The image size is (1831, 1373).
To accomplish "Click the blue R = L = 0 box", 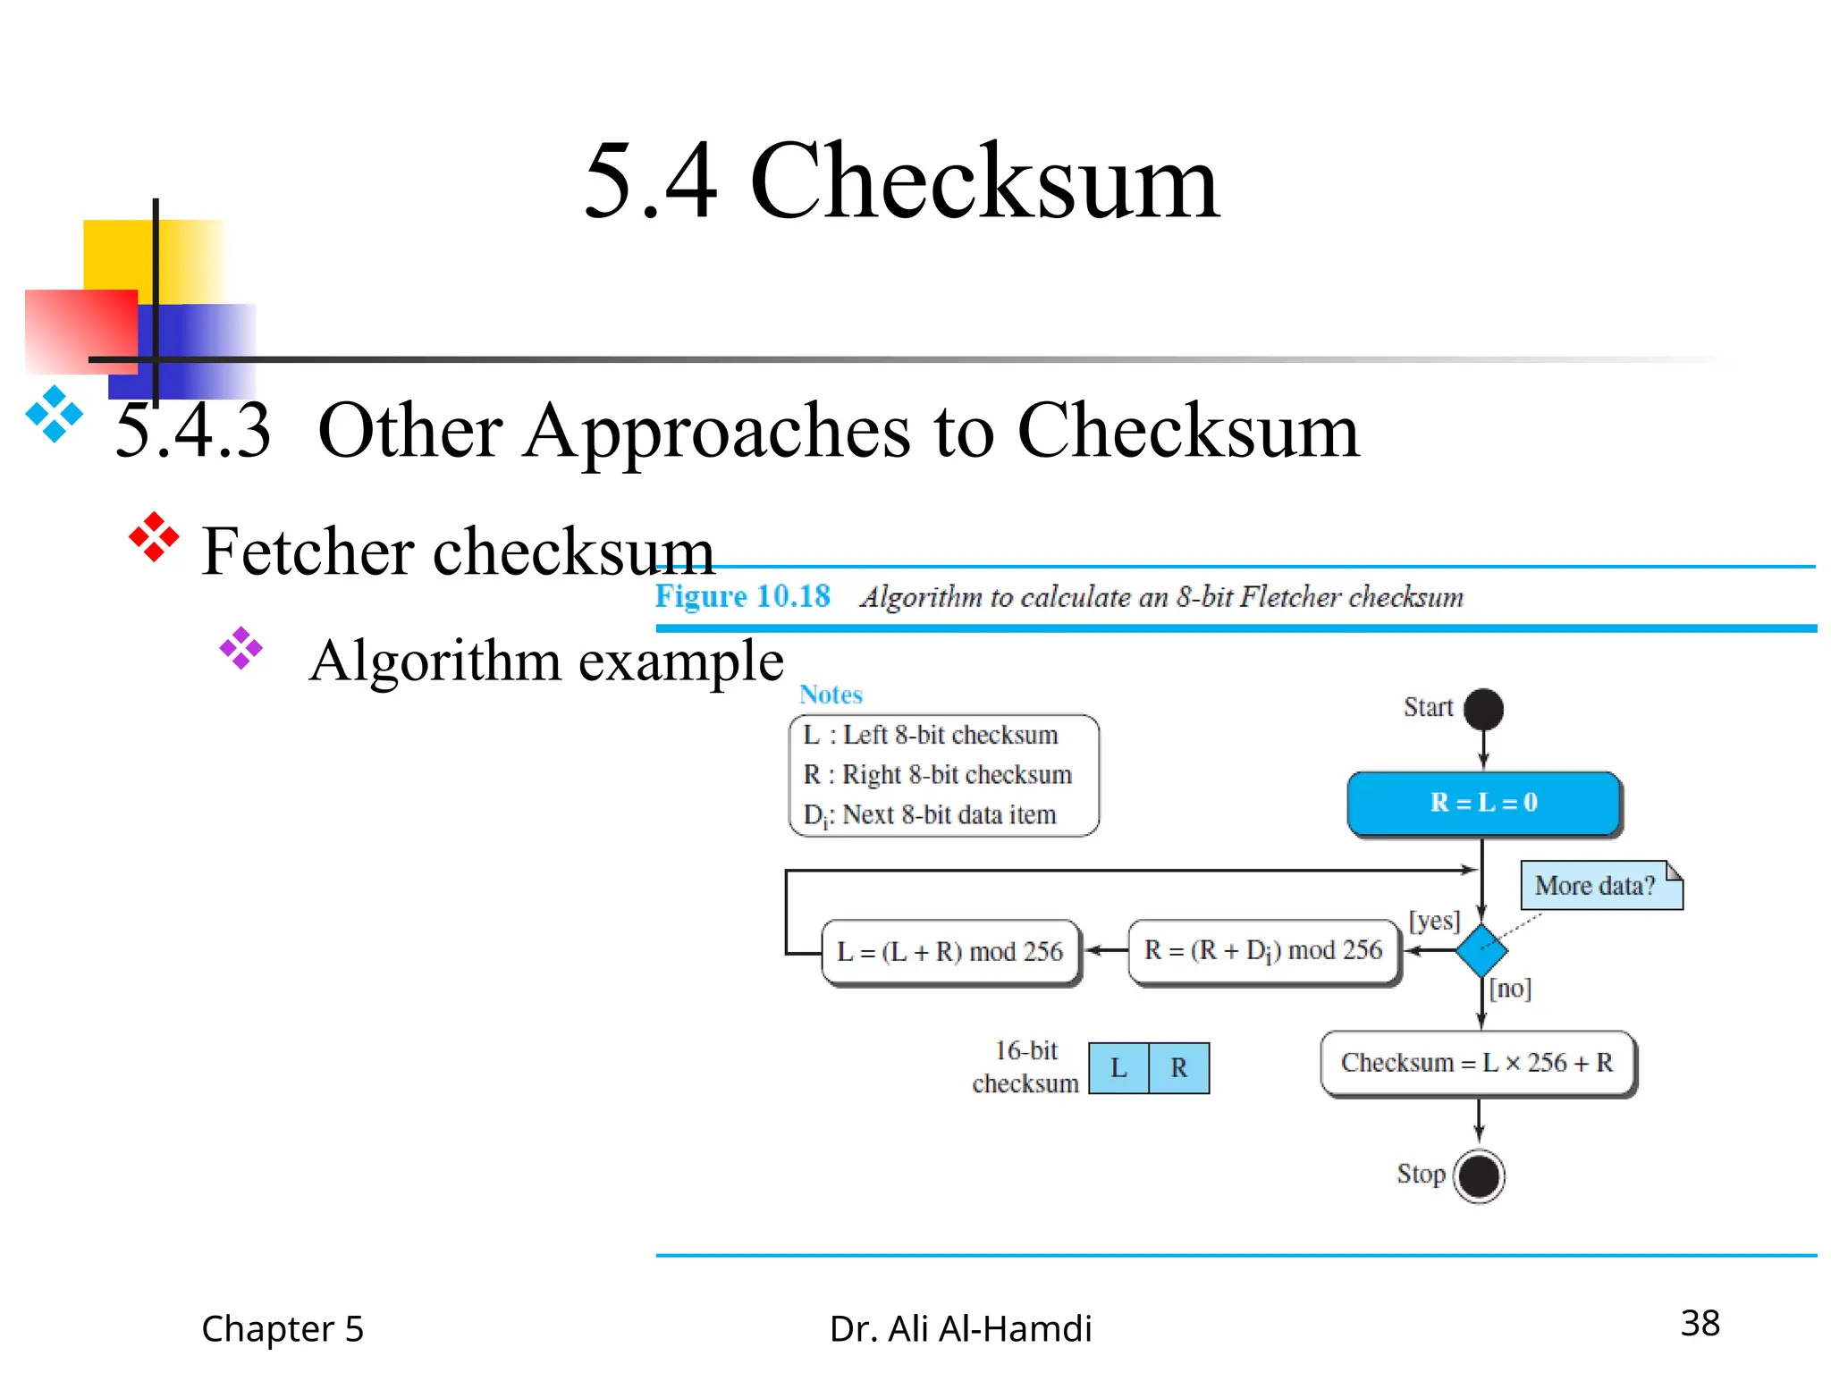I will pos(1483,803).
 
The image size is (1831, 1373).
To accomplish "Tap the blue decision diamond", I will pos(1481,950).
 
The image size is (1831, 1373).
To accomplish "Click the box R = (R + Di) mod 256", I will pos(1263,951).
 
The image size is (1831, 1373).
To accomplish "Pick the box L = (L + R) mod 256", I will pos(949,952).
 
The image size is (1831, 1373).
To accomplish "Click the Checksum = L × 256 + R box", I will pos(1477,1063).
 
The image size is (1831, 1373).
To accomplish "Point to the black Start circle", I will pos(1484,709).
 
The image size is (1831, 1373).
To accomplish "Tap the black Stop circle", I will pos(1479,1175).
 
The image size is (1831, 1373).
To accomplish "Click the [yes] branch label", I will pos(1434,921).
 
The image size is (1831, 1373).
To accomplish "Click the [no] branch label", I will pos(1510,988).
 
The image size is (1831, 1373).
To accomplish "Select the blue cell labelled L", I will pos(1118,1068).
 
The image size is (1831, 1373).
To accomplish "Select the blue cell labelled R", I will pos(1179,1068).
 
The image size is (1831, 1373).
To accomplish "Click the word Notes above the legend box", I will pos(831,695).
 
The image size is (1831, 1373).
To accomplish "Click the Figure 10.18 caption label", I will pos(742,596).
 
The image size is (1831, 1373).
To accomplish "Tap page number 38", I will pos(1700,1323).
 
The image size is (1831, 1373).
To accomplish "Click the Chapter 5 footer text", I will pos(283,1328).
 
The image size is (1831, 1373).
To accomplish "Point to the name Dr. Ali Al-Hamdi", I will pos(960,1328).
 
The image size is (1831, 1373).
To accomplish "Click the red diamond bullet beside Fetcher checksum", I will pos(154,537).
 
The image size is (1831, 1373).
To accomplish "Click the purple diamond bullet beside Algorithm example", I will pos(241,648).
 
